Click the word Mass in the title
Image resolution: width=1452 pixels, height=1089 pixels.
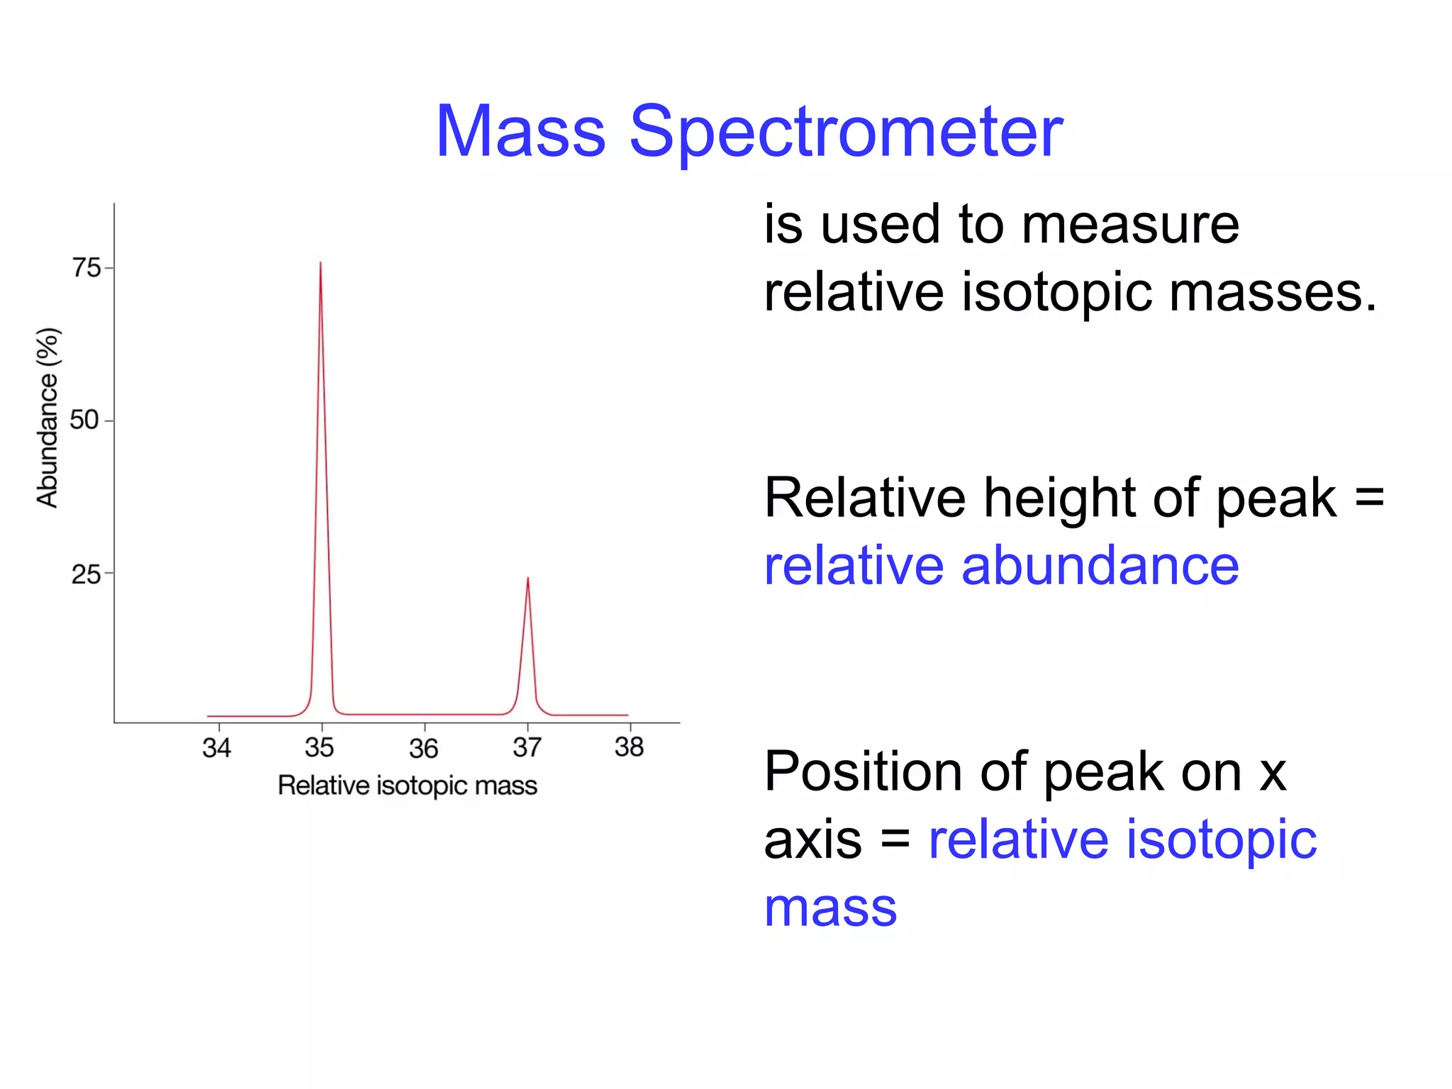[521, 133]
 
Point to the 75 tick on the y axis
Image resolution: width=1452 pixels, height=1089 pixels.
[86, 268]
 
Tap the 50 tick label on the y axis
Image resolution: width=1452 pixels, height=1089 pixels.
[84, 420]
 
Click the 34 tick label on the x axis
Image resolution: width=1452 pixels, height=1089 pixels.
[217, 748]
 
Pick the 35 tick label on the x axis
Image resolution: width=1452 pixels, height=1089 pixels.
[320, 748]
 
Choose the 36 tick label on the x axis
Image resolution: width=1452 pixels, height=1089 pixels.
[424, 749]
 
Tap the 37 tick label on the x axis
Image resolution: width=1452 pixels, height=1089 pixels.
[527, 748]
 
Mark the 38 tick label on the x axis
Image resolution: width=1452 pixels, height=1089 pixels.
[630, 747]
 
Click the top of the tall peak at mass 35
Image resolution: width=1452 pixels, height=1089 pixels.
[320, 263]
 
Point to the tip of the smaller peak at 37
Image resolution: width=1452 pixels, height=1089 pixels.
[527, 579]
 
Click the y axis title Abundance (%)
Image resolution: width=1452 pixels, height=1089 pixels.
[48, 418]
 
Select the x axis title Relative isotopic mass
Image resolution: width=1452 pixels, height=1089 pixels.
[408, 786]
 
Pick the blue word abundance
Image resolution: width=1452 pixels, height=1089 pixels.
[1100, 566]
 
